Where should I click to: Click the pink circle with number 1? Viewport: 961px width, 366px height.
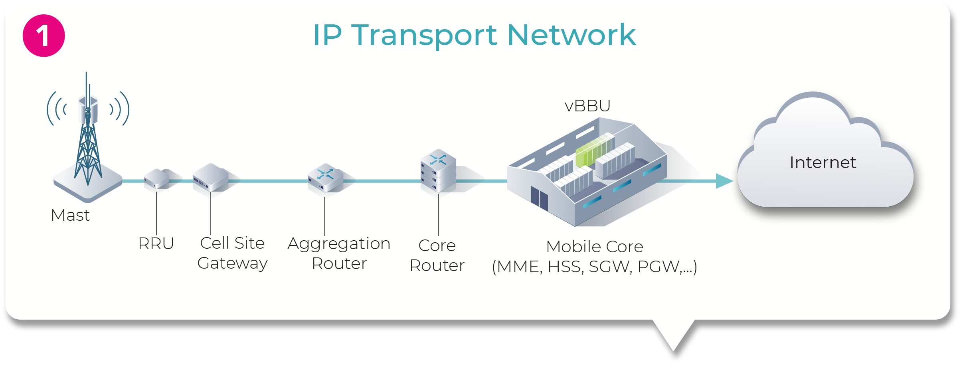44,36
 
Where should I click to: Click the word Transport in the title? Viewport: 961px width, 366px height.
424,36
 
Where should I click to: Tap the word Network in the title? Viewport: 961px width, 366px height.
571,35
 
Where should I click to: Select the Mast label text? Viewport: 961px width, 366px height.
70,215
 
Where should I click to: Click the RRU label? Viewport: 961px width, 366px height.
156,243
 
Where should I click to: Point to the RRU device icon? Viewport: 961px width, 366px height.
157,179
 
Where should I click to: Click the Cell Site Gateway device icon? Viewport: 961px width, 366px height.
210,178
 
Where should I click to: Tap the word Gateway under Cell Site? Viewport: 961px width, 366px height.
232,263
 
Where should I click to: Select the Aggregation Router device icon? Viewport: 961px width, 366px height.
325,178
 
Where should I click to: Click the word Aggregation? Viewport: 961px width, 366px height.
339,244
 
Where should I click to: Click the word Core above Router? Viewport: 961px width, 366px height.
437,245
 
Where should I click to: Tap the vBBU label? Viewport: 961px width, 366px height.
587,106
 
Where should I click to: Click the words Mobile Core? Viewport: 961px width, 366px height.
594,247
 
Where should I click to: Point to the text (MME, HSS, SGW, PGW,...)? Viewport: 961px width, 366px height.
594,267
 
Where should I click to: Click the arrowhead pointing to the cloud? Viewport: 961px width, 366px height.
724,181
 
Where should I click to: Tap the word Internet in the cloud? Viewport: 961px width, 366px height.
823,162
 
